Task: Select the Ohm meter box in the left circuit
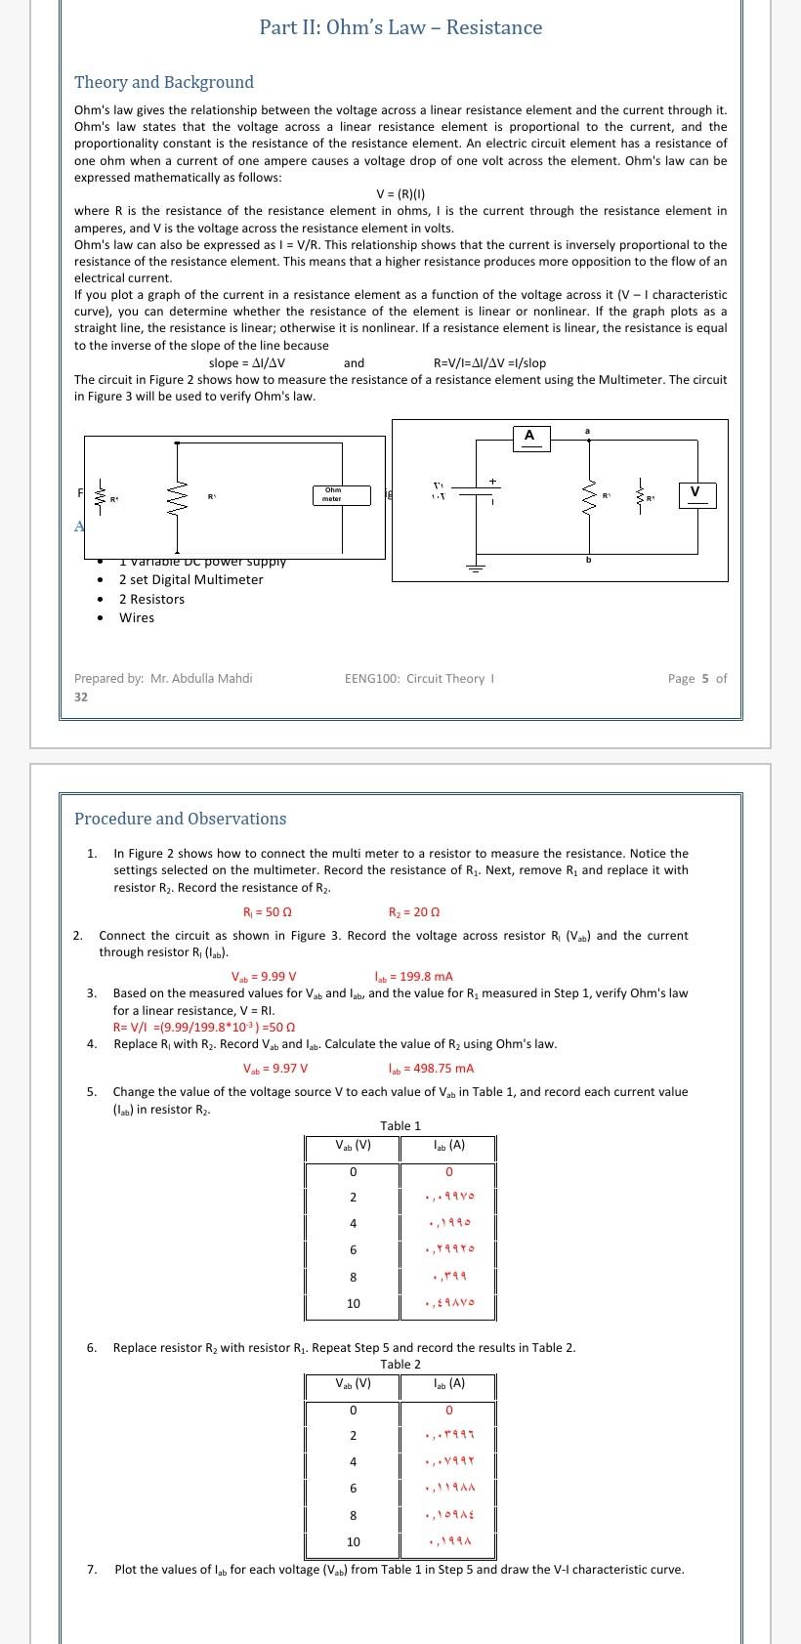[x=342, y=495]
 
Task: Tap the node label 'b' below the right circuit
[x=588, y=560]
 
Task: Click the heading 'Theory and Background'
[x=164, y=82]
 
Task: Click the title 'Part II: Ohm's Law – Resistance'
[x=400, y=27]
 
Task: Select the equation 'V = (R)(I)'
[x=400, y=193]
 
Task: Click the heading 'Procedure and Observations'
[x=181, y=819]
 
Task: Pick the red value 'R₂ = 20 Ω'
[x=414, y=912]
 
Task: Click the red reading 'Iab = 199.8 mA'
[x=414, y=976]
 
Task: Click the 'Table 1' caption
[x=400, y=1126]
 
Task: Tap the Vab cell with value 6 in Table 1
[x=353, y=1250]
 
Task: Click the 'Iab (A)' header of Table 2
[x=448, y=1383]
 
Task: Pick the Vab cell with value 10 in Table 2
[x=353, y=1541]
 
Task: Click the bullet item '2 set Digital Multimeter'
[x=191, y=579]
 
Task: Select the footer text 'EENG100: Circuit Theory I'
[x=419, y=678]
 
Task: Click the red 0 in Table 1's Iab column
[x=448, y=1171]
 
